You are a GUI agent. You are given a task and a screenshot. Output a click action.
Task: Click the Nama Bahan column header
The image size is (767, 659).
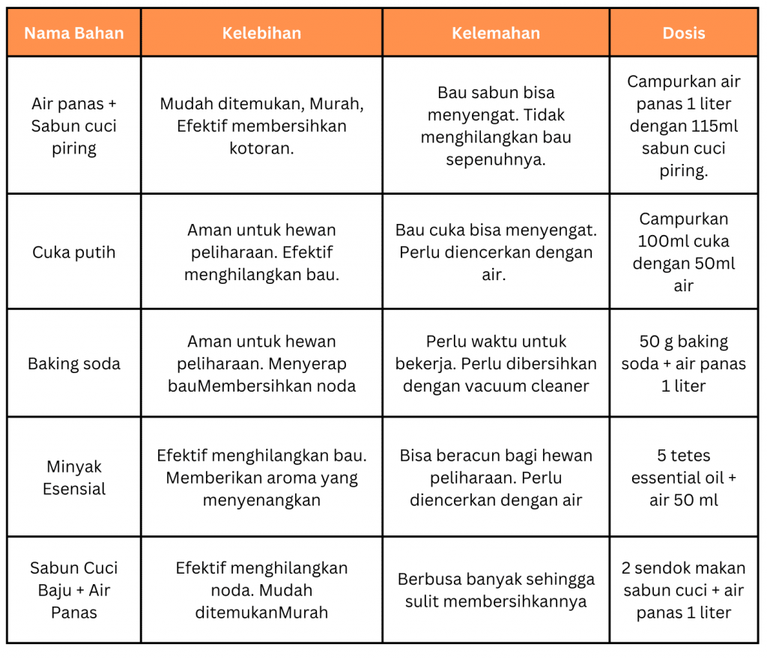pos(73,33)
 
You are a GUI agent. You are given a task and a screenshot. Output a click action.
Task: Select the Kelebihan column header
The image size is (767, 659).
pos(261,33)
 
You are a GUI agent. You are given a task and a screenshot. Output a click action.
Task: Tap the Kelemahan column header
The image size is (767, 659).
pos(495,33)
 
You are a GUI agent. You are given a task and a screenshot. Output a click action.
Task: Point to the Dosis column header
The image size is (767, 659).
pos(683,33)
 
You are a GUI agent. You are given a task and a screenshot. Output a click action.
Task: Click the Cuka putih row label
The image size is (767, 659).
pos(73,252)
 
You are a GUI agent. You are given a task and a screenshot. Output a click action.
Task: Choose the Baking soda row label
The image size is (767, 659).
pos(73,364)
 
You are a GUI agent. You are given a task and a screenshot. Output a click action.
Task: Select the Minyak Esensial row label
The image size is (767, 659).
pos(73,478)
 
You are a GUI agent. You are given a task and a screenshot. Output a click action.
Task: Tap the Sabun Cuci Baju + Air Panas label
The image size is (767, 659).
pos(73,590)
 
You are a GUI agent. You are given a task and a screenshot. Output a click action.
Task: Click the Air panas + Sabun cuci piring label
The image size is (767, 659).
pos(73,126)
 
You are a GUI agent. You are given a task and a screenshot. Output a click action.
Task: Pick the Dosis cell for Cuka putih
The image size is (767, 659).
pos(683,252)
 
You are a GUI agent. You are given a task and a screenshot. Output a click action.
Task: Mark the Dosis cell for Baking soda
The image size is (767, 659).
pos(683,364)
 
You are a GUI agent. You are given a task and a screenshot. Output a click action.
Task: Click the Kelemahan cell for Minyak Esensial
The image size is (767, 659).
pos(495,478)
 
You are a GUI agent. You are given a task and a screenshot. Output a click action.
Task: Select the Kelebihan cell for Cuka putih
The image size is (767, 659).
pos(261,252)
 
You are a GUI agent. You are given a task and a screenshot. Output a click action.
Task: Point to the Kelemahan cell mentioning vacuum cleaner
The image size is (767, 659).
pos(495,364)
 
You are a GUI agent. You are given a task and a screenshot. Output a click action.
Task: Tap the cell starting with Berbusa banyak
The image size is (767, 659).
pos(495,590)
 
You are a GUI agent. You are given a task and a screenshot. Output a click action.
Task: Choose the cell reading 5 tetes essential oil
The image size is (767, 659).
pos(683,478)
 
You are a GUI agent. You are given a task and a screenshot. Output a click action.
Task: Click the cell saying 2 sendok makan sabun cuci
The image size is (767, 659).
pos(683,590)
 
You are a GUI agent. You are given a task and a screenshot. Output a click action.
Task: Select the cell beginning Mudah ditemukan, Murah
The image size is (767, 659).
pos(261,126)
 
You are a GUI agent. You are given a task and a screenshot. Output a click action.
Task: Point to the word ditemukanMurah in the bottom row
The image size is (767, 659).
pos(261,613)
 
